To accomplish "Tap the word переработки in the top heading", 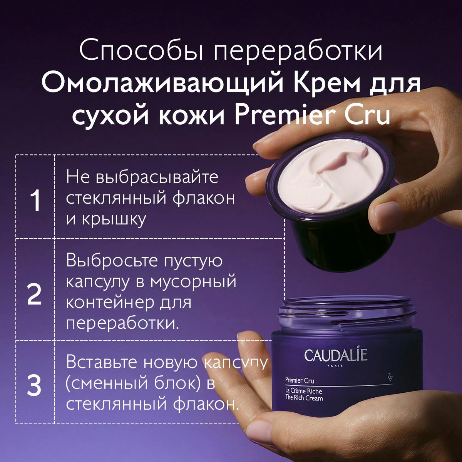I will [298, 52].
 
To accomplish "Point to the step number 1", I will [35, 201].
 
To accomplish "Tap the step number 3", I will [35, 386].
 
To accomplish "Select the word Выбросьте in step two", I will [112, 261].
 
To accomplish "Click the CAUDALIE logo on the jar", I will [335, 355].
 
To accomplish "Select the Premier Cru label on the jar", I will [300, 381].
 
